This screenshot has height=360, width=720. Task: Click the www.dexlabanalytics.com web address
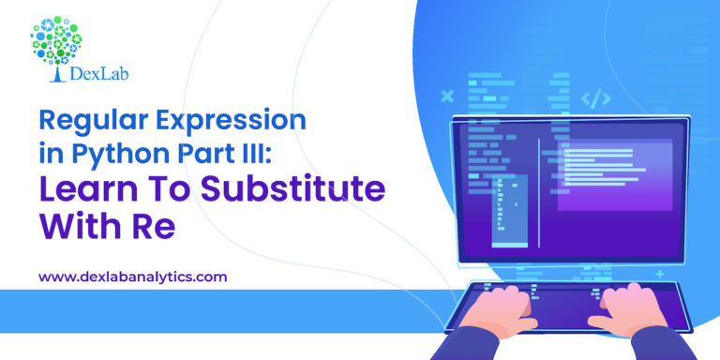pyautogui.click(x=132, y=277)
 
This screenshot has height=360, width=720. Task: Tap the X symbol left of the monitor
pyautogui.click(x=446, y=96)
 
